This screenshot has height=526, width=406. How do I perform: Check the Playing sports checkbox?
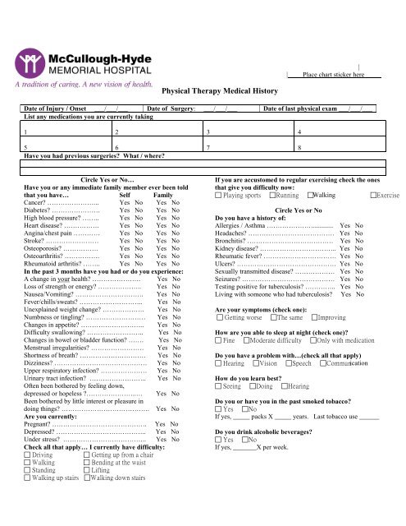tap(217, 172)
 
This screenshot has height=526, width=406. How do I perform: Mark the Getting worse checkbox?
tap(217, 316)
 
